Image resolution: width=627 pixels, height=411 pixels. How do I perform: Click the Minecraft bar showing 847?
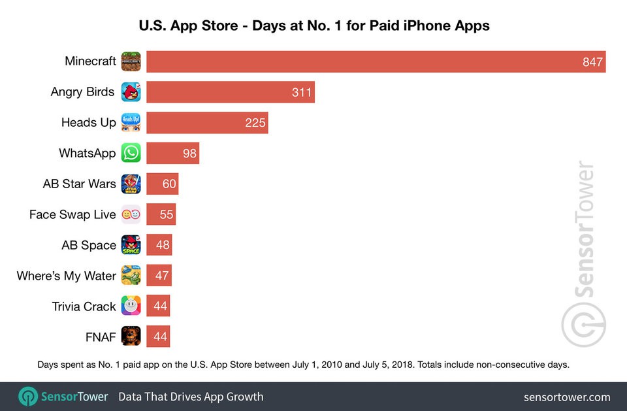point(376,61)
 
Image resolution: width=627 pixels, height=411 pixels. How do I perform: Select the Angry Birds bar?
point(230,92)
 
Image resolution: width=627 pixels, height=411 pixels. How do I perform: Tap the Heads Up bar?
point(206,123)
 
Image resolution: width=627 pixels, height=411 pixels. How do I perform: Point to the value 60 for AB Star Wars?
point(169,184)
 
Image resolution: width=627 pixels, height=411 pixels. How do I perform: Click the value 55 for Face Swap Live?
point(167,215)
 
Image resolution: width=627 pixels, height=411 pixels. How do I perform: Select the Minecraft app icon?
point(131,61)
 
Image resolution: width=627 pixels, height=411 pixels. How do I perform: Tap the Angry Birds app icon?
point(131,92)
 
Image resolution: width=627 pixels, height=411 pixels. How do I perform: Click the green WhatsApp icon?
point(131,154)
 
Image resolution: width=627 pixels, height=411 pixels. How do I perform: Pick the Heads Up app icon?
point(131,123)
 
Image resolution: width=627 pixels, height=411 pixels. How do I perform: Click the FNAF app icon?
point(131,337)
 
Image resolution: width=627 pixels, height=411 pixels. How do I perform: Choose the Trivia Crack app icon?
point(131,306)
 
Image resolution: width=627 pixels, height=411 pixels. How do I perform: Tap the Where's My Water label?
point(66,276)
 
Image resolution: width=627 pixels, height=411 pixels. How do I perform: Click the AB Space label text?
point(89,245)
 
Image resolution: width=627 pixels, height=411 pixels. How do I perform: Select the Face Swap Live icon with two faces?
point(131,214)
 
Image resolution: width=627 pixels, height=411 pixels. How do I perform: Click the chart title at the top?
point(313,26)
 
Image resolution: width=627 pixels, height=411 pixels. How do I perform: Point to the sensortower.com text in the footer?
point(566,397)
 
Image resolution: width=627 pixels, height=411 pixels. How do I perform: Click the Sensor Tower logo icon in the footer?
point(28,397)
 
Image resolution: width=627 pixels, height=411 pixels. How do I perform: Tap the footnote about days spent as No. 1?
point(303,365)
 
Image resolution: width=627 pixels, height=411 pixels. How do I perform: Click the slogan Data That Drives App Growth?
point(191,397)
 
